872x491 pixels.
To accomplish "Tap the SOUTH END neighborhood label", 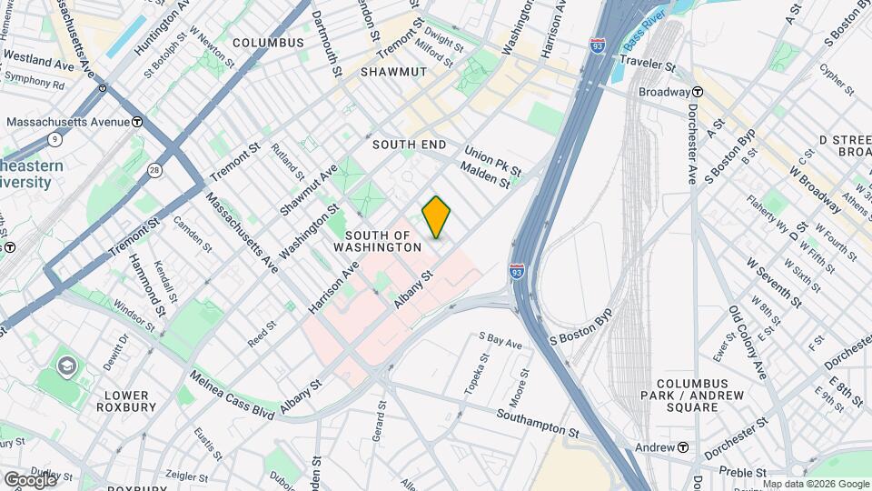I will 409,145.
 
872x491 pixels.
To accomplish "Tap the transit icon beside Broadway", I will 698,92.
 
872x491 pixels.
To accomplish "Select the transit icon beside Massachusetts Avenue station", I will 136,122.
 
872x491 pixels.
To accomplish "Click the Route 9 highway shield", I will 55,139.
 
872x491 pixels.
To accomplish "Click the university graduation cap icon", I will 66,366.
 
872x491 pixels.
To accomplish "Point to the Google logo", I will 29,479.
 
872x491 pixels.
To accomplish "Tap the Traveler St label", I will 648,65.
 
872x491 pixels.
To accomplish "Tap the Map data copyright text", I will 816,484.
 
